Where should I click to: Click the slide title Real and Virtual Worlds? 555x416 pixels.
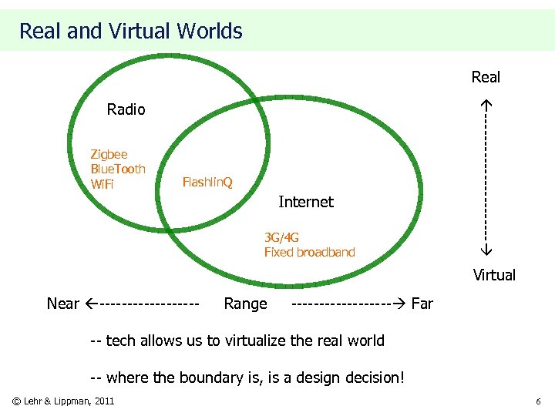[x=130, y=32]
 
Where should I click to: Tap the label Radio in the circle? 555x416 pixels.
[x=126, y=109]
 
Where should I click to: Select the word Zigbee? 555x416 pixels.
[x=109, y=154]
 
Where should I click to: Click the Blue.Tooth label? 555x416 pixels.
[x=117, y=169]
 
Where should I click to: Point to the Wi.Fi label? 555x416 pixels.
[x=102, y=184]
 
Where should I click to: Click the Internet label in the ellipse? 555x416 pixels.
[x=305, y=202]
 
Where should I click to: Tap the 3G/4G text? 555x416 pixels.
[x=281, y=237]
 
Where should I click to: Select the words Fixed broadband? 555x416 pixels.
[x=309, y=252]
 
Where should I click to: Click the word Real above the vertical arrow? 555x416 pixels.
[x=486, y=77]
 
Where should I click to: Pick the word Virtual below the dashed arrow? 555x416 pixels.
[x=494, y=275]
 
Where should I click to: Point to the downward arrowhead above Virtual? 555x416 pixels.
[x=486, y=251]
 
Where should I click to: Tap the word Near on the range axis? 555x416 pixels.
[x=62, y=304]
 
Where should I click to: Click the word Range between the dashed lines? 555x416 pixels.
[x=245, y=304]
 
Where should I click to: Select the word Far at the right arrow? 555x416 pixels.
[x=422, y=304]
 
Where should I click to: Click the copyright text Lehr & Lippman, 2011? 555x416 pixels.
[x=70, y=401]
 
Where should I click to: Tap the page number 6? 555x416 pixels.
[x=538, y=401]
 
